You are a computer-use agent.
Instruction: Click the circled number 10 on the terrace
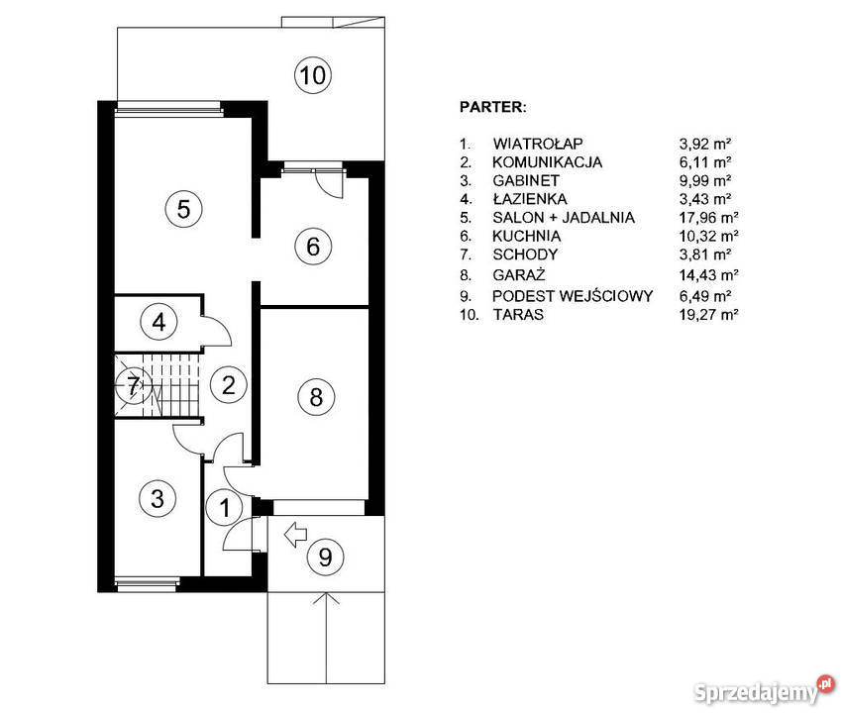click(x=313, y=75)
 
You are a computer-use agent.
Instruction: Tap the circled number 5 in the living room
click(x=183, y=209)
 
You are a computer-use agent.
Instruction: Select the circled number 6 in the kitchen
click(x=313, y=247)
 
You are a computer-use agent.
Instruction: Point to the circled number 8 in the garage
click(x=316, y=397)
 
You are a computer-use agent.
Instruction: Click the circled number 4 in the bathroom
click(x=158, y=322)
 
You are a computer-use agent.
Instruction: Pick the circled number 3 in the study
click(x=158, y=498)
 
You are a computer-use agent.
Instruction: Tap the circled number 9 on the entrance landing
click(x=325, y=557)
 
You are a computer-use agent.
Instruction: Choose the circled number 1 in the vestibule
click(x=225, y=507)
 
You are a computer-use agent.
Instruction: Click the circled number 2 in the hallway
click(x=229, y=385)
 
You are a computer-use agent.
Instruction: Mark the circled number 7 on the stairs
click(x=134, y=384)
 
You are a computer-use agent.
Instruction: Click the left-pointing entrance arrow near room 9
click(x=295, y=534)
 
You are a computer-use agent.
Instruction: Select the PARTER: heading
click(x=493, y=107)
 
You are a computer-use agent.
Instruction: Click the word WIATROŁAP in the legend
click(x=538, y=144)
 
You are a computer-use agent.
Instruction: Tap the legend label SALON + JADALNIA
click(x=564, y=217)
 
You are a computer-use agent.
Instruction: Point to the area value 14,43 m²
click(x=708, y=275)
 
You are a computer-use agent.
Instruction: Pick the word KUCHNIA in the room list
click(x=527, y=236)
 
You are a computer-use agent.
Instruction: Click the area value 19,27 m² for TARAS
click(x=708, y=314)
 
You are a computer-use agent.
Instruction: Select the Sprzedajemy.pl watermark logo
click(x=765, y=690)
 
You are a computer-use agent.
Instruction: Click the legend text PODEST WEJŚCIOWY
click(x=573, y=296)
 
